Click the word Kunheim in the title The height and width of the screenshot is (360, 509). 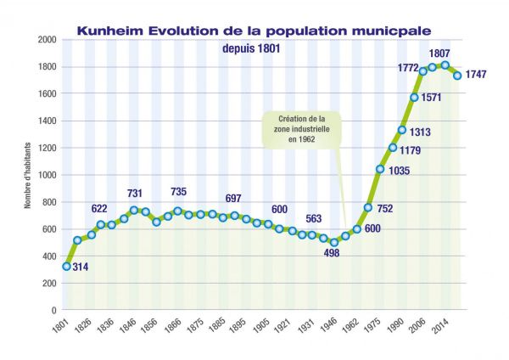(x=110, y=31)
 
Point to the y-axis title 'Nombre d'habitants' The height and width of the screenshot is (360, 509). (x=27, y=175)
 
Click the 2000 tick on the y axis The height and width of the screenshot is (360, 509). (x=48, y=40)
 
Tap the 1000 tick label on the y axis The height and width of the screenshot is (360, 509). (x=48, y=175)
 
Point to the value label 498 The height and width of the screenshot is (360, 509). (x=332, y=254)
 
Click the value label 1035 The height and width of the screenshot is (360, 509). (x=399, y=171)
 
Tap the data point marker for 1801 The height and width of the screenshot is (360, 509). (x=66, y=266)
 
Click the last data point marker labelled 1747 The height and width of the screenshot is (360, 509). (x=457, y=76)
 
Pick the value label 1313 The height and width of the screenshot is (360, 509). (x=422, y=132)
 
